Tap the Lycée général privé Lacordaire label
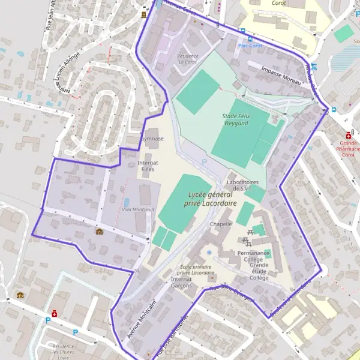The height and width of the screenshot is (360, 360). (203, 199)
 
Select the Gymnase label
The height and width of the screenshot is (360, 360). (152, 139)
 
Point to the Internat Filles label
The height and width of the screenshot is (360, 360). (148, 166)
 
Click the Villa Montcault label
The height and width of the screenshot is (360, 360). (138, 209)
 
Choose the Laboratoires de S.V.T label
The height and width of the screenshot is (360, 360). (242, 185)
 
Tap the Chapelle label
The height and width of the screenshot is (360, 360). (221, 224)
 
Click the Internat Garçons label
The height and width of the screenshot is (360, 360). (181, 282)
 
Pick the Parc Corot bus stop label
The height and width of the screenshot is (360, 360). (250, 46)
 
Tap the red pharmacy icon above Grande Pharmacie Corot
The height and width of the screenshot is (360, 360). (349, 136)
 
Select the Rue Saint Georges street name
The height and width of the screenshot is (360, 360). (232, 294)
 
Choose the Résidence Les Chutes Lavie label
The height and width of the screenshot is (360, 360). (63, 351)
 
